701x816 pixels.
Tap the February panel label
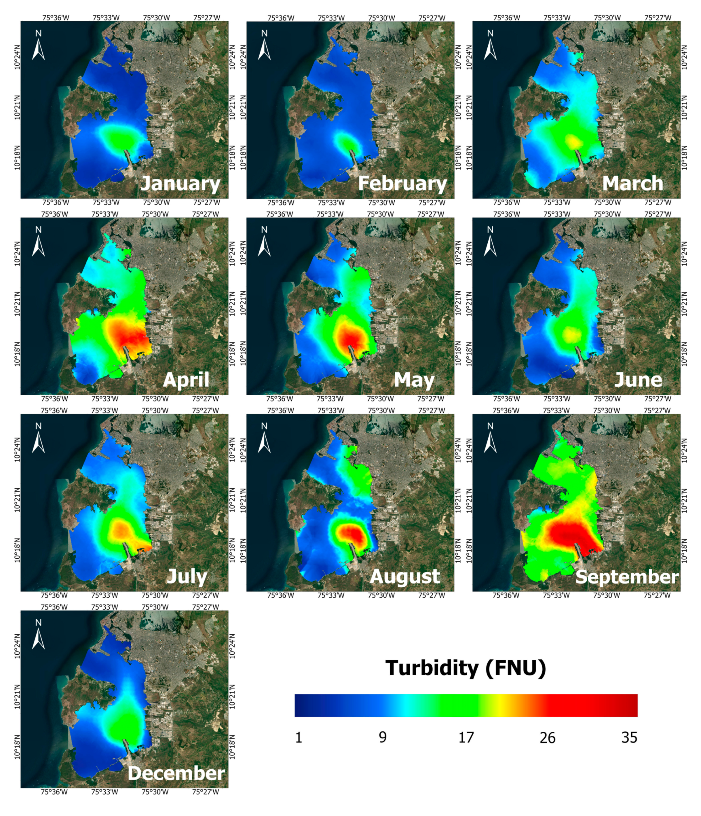402,184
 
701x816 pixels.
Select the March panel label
632,184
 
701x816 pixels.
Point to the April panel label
186,380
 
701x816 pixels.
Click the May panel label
414,380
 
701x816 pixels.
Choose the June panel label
638,380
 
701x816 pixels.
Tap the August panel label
404,576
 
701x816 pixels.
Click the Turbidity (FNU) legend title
466,668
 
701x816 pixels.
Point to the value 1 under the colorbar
299,737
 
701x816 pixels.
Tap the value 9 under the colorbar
382,737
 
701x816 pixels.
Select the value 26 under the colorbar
547,737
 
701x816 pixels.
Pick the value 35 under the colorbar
629,737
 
